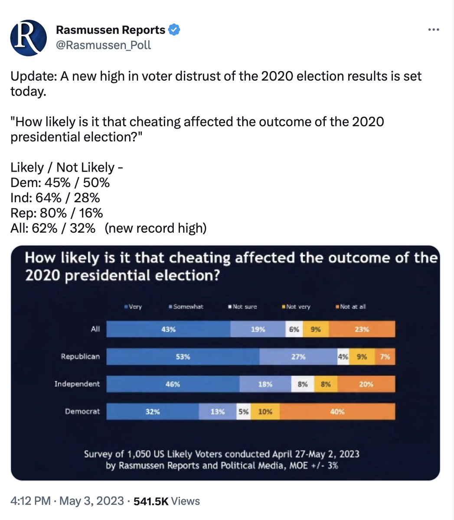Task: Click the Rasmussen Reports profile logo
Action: tap(29, 37)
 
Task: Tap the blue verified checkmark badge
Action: tap(174, 30)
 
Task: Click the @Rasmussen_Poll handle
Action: tap(104, 45)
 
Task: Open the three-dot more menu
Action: tap(434, 30)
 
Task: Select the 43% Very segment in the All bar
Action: tap(168, 329)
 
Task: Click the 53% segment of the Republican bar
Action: tap(183, 357)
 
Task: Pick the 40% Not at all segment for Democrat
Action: tap(337, 412)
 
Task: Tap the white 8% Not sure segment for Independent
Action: tap(302, 384)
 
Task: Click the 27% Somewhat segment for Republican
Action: tap(298, 357)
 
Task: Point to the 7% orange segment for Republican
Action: tap(385, 357)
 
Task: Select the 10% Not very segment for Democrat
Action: tap(265, 412)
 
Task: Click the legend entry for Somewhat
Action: tap(186, 306)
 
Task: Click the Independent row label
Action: tap(77, 384)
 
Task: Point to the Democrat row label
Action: tap(82, 411)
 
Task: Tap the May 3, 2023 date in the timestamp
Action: tap(91, 501)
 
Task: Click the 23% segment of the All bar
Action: tap(362, 329)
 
